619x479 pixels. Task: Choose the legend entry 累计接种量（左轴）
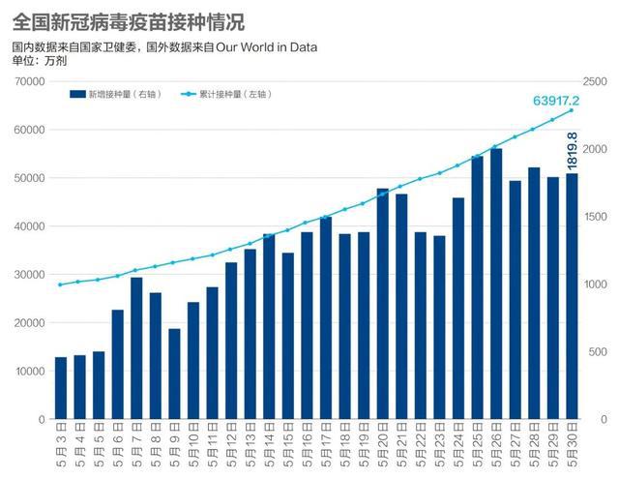[x=231, y=94]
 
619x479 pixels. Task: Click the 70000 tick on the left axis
[x=29, y=81]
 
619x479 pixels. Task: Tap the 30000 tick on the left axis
[x=29, y=275]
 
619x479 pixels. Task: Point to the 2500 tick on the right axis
[x=597, y=81]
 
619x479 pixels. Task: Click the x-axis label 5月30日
[x=572, y=446]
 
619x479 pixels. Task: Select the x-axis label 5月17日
[x=326, y=446]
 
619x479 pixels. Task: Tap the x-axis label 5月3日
[x=61, y=446]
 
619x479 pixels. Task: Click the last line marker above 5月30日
[x=572, y=110]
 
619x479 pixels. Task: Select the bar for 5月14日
[x=269, y=326]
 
